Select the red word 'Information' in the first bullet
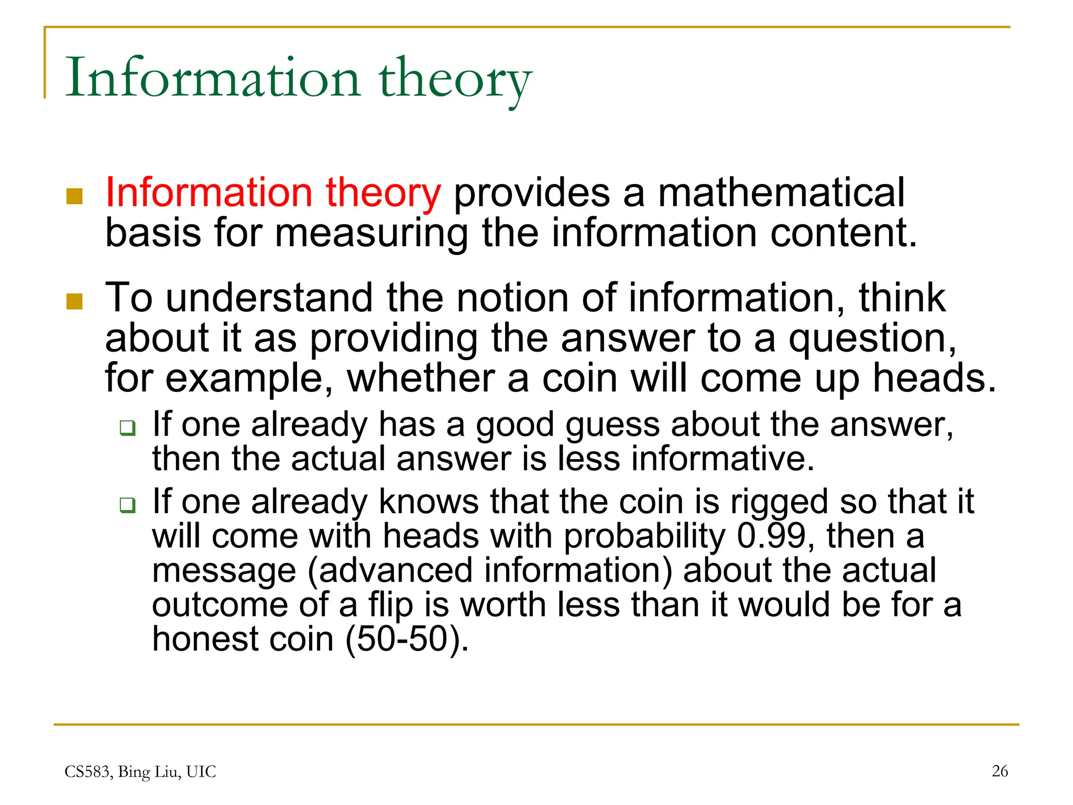tap(209, 193)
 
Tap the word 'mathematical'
tap(781, 193)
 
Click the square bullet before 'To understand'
tap(75, 301)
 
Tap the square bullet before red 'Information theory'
tap(75, 196)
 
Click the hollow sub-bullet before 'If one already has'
tap(127, 428)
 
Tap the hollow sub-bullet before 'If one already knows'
tap(127, 505)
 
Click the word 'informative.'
tap(722, 459)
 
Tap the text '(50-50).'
tap(407, 639)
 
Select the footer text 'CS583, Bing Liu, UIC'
tap(140, 771)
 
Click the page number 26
tap(1000, 771)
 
